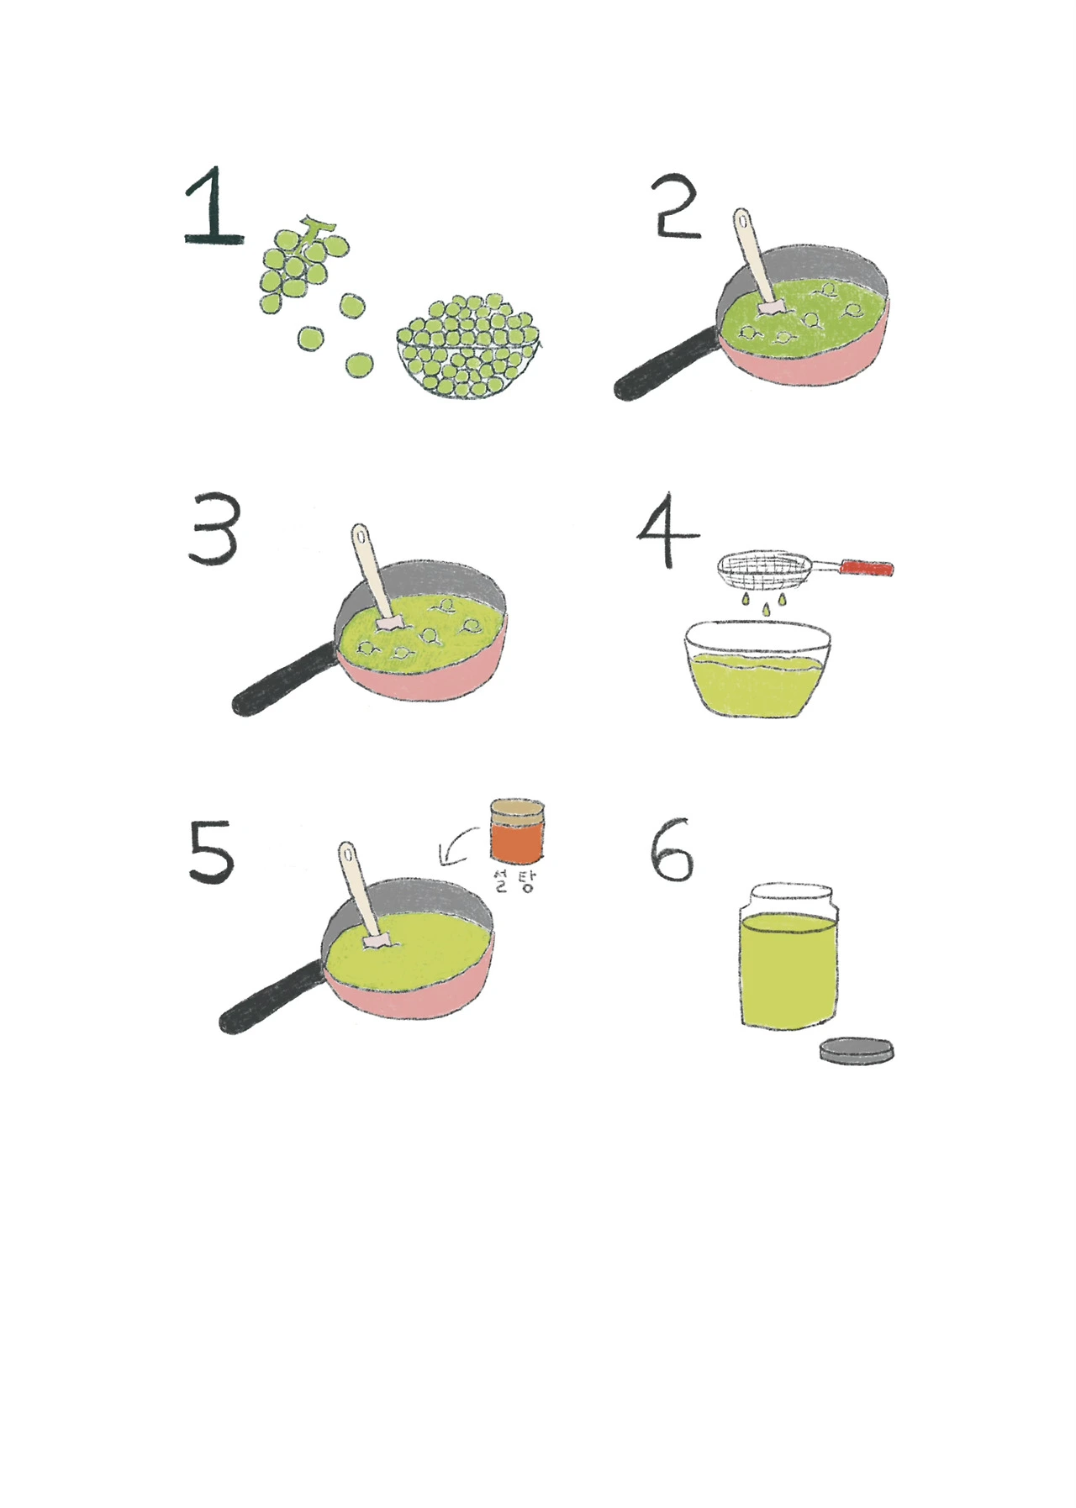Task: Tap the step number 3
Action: point(214,531)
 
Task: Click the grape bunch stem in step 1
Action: point(317,229)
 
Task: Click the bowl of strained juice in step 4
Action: point(757,669)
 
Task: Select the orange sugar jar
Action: point(517,831)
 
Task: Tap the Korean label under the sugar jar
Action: point(514,880)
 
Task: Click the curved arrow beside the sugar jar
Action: point(455,846)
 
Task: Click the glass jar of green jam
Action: point(789,955)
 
